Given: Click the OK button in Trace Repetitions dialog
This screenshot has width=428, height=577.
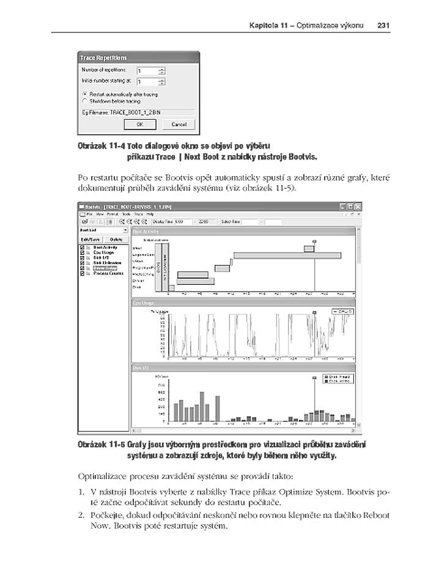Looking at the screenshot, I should [140, 124].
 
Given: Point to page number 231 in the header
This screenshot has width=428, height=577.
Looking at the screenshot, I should [384, 26].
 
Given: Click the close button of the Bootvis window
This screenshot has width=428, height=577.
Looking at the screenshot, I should [358, 207].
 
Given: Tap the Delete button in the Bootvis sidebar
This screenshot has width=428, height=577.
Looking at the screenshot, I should [116, 240].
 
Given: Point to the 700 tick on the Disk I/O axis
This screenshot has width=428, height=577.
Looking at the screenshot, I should [161, 385].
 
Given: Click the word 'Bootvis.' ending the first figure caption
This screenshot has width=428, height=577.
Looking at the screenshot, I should [304, 156].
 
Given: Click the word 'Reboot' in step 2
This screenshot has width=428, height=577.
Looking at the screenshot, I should [377, 515].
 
